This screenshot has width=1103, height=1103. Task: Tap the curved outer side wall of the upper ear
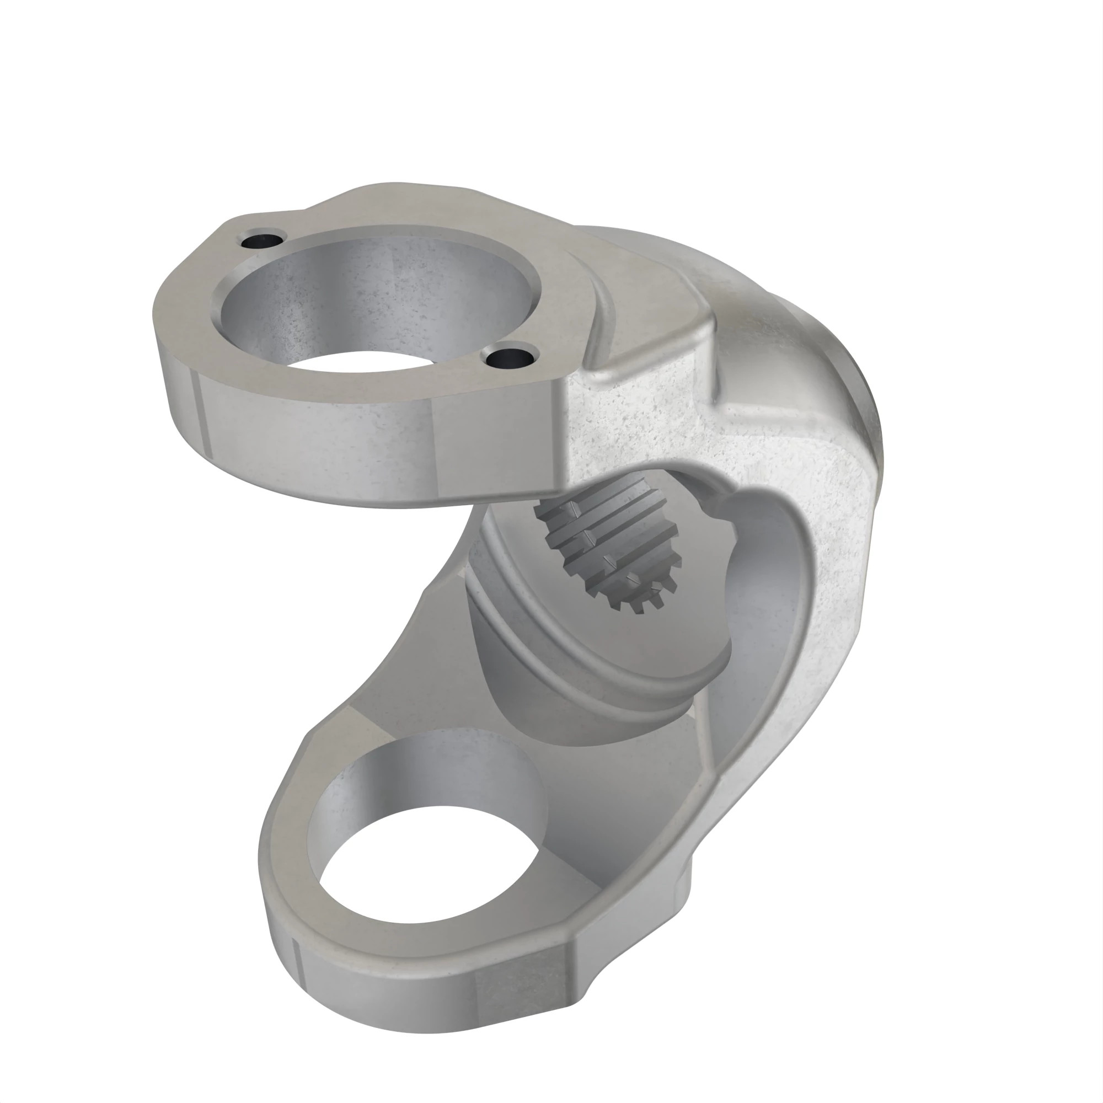[x=320, y=440]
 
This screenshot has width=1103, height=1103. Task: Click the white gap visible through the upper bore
[x=366, y=362]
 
